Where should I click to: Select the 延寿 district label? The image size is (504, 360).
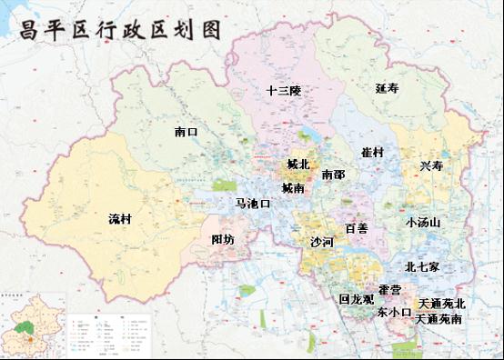387,88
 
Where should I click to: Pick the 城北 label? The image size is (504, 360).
297,165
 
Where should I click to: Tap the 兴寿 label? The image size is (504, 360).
432,165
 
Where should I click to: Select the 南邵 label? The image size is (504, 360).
333,173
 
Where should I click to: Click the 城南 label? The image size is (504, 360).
293,188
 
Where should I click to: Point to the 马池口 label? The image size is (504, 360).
253,204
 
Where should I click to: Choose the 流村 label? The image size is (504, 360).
120,219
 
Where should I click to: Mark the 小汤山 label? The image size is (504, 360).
423,222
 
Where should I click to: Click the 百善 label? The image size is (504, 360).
356,228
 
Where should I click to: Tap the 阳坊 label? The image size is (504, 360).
223,239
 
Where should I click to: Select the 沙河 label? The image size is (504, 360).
322,243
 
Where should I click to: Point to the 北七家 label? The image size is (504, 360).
422,267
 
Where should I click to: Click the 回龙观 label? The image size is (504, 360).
356,298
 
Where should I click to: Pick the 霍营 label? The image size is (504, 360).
390,289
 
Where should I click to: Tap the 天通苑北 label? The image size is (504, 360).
440,303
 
